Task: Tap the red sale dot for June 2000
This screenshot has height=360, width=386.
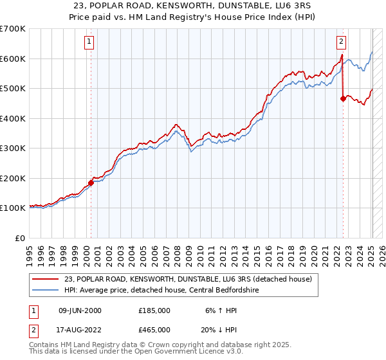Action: [91, 183]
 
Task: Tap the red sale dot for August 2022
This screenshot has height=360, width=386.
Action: [343, 98]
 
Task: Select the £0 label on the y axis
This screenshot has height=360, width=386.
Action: [20, 238]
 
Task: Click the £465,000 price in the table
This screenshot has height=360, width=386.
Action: [154, 329]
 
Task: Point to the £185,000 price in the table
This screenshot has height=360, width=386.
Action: [154, 310]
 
